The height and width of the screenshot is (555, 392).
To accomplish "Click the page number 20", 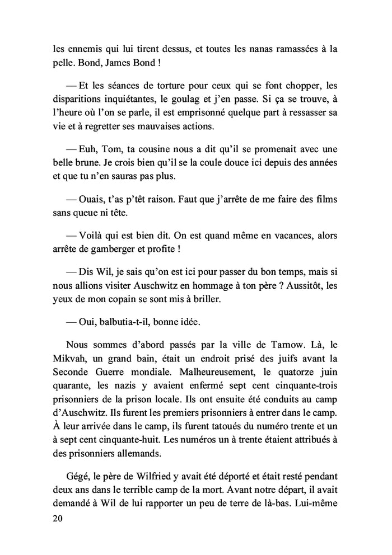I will click(57, 519).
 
